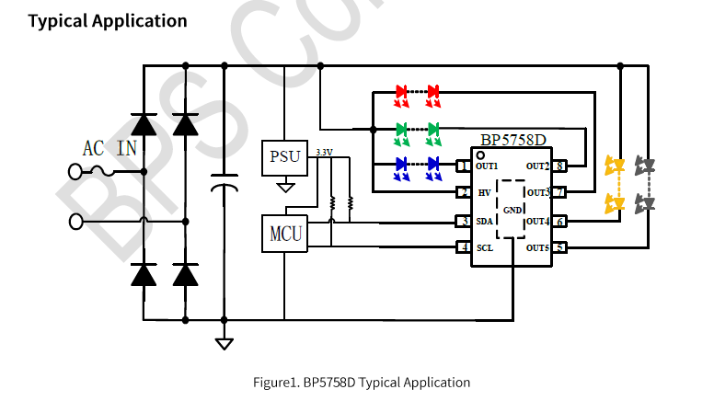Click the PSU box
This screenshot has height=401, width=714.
tap(285, 156)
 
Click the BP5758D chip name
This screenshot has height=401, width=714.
tap(512, 141)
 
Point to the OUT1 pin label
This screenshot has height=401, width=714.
tap(487, 166)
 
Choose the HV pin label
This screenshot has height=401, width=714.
tap(484, 193)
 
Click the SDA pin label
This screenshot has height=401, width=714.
tap(485, 221)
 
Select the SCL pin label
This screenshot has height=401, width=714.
tap(485, 247)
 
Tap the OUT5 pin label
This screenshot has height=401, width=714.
tap(538, 247)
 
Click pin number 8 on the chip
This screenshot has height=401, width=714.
tap(559, 166)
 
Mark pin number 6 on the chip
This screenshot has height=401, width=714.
tap(559, 221)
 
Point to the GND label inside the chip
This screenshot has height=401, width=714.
tap(512, 210)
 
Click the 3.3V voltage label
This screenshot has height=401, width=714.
tap(324, 151)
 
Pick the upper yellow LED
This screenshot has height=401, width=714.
tap(614, 166)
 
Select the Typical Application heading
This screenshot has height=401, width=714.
tap(107, 20)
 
